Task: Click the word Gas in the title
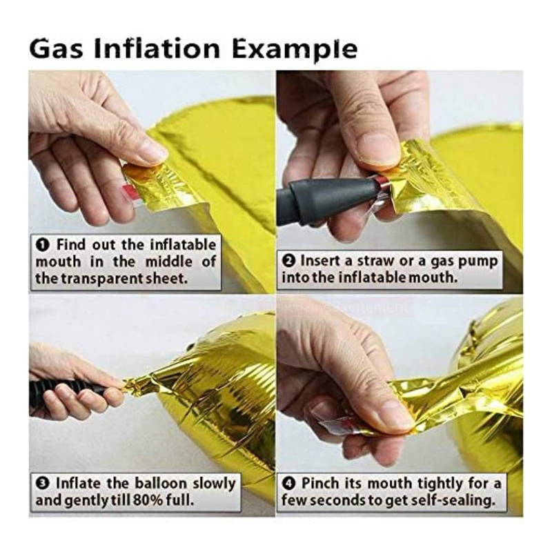click(57, 48)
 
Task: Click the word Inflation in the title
click(157, 48)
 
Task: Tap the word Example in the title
click(295, 50)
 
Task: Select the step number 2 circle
click(289, 262)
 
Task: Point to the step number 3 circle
click(43, 483)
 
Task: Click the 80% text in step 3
click(148, 500)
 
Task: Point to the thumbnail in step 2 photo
click(377, 148)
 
